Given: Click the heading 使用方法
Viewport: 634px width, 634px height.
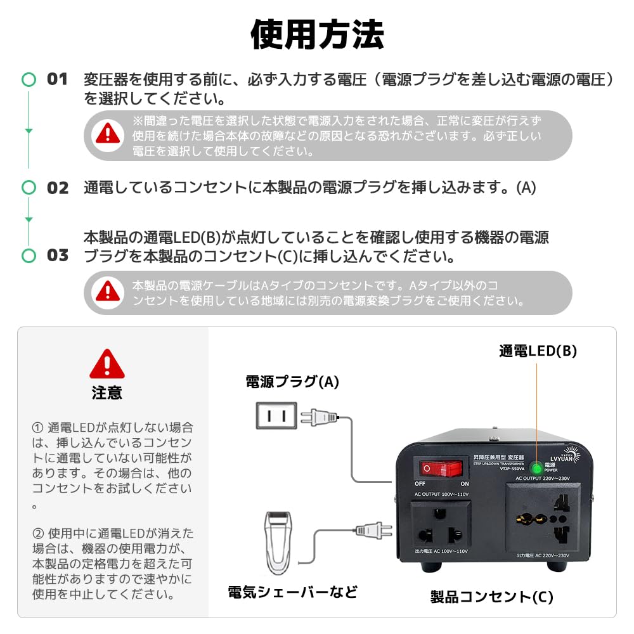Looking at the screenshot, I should tap(317, 35).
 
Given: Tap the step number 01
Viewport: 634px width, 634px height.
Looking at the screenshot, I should tap(57, 80).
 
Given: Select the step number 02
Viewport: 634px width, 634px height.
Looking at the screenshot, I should tap(58, 188).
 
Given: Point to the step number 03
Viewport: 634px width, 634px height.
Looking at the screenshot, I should tap(58, 256).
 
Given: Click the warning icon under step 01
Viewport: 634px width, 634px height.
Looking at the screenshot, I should tap(108, 134).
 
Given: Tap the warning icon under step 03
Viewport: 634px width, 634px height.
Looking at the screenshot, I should tap(108, 292).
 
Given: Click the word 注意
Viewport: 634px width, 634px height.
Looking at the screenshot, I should tap(107, 393).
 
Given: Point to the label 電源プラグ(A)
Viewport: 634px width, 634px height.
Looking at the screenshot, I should tap(292, 382).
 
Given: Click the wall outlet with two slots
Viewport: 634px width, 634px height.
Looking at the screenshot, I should tap(276, 417).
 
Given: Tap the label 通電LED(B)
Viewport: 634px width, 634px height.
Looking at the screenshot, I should tap(538, 351).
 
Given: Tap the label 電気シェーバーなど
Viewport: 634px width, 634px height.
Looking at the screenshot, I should tap(292, 592).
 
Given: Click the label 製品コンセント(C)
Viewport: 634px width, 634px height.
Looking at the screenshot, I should tap(492, 597).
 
